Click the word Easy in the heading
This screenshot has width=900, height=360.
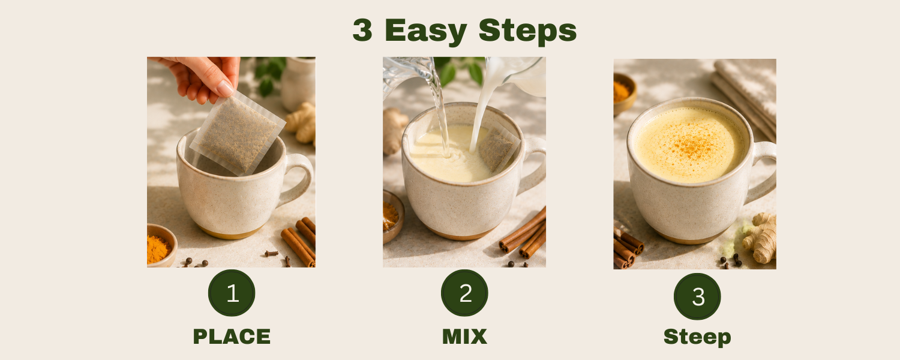426,31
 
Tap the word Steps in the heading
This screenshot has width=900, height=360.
527,31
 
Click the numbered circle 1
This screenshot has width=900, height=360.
232,293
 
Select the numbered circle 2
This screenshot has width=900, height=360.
464,293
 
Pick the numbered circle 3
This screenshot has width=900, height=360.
697,296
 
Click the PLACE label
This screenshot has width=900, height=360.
232,337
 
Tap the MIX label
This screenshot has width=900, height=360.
464,337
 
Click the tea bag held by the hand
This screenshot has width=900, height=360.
238,133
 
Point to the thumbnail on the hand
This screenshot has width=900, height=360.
225,88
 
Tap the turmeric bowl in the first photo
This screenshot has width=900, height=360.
161,246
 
